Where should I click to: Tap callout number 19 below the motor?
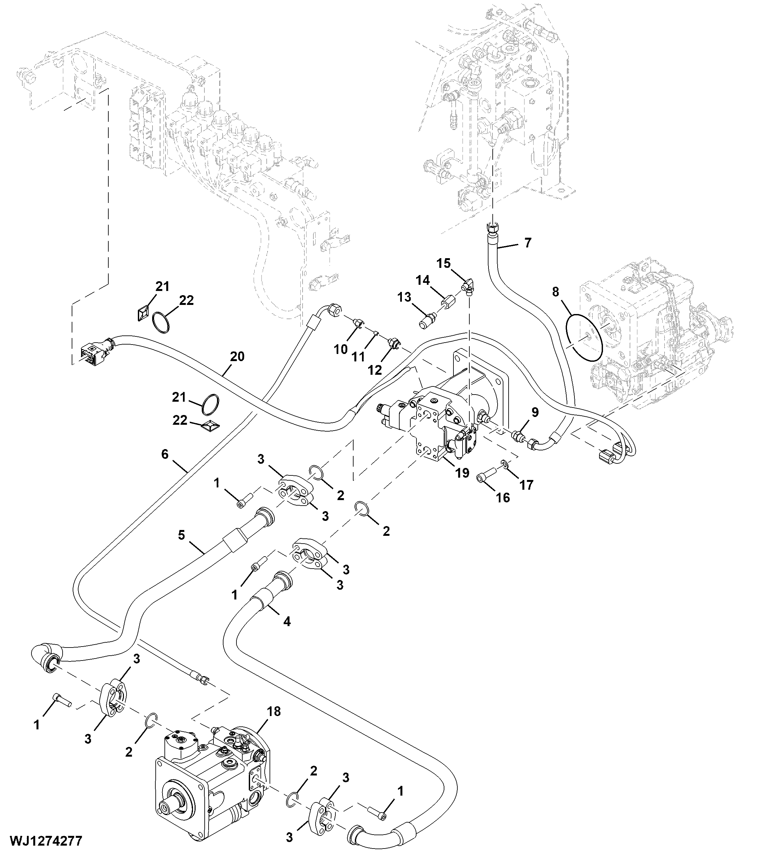[x=462, y=473]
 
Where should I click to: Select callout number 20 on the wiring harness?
[x=237, y=357]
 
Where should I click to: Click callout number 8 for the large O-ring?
[x=555, y=292]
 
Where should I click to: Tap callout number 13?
[x=404, y=297]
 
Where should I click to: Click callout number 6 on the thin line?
[x=164, y=454]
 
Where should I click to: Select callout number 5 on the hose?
[x=181, y=535]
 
